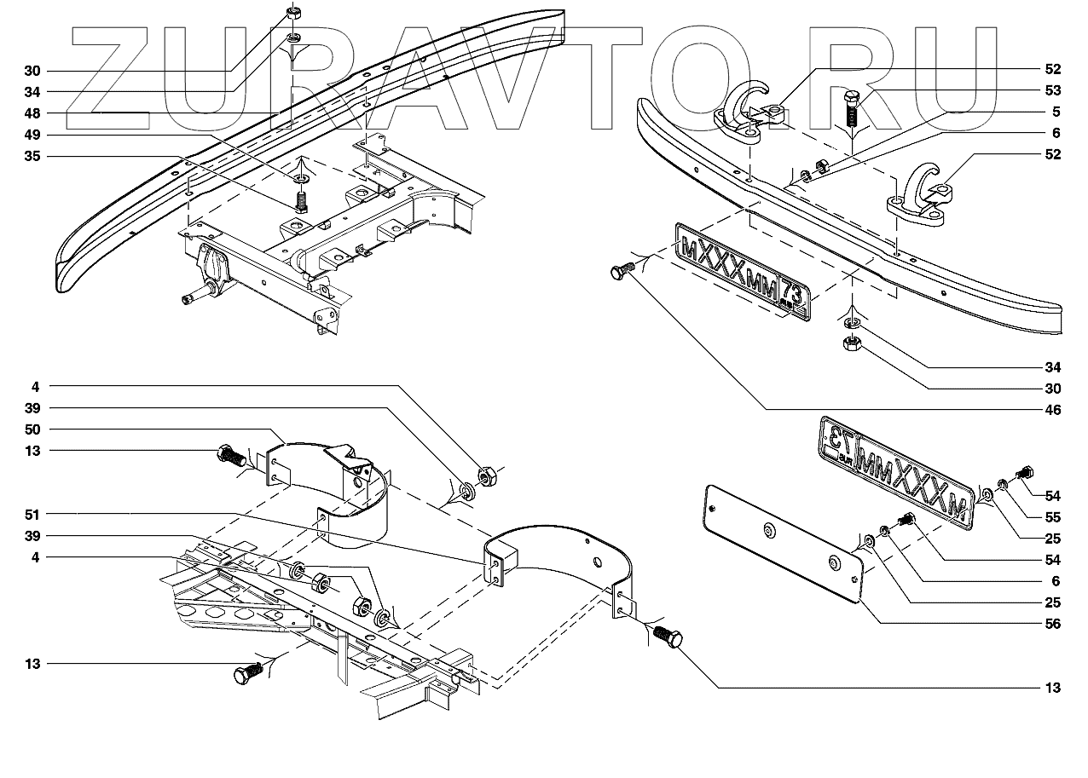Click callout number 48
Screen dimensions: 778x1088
(32, 113)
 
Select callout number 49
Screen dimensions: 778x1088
(32, 135)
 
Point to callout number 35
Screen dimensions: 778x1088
(32, 157)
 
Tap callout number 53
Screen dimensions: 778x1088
(1052, 90)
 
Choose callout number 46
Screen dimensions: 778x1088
(1052, 411)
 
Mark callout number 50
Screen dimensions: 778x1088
(32, 429)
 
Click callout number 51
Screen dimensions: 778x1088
(32, 515)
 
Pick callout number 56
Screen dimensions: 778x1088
(1052, 624)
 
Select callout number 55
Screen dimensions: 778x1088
(1052, 517)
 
